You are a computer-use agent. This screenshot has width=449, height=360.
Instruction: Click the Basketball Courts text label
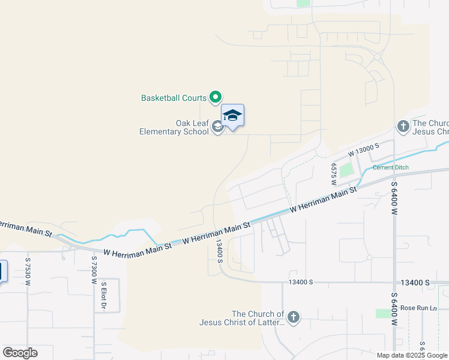click(173, 97)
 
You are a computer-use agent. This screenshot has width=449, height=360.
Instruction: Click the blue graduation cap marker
click(232, 115)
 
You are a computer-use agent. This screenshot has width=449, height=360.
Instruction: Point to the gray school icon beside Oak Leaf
click(217, 127)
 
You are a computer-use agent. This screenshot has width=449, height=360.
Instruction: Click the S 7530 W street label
click(28, 271)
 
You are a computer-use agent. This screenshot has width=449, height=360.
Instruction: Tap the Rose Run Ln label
click(418, 308)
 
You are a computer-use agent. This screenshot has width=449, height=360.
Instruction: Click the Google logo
click(20, 353)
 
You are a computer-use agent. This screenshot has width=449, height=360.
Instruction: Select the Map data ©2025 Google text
click(412, 355)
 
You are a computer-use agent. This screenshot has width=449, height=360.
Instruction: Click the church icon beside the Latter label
click(294, 318)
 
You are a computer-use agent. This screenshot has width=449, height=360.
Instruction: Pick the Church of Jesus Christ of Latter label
click(242, 318)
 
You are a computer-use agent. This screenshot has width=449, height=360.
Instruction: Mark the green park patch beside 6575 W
click(346, 170)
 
